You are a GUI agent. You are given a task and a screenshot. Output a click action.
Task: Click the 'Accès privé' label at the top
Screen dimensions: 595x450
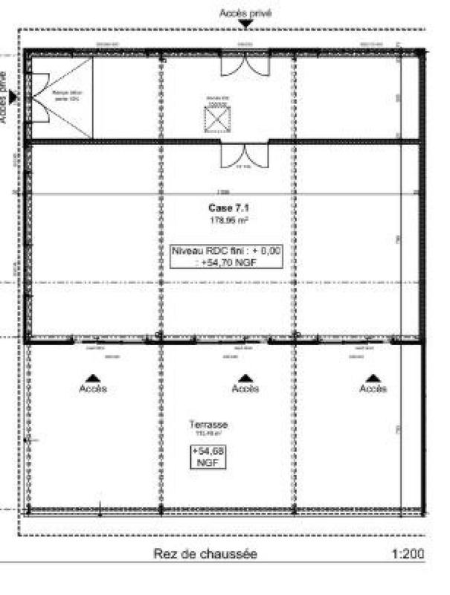click(x=245, y=13)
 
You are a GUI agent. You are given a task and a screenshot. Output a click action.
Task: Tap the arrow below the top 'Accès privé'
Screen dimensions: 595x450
click(x=245, y=25)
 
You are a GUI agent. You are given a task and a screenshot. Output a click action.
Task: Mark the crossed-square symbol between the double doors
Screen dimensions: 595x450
click(x=217, y=118)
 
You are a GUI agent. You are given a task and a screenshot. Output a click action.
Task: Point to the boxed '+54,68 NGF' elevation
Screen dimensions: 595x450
click(x=208, y=456)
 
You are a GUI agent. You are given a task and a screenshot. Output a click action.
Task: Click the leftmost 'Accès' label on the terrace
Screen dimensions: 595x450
click(x=94, y=389)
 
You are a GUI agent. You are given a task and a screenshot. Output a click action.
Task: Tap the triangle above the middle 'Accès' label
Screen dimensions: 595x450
click(x=245, y=378)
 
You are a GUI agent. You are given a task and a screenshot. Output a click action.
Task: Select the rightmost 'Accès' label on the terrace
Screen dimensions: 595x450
click(x=373, y=389)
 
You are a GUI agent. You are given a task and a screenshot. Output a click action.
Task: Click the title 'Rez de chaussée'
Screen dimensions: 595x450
click(x=207, y=554)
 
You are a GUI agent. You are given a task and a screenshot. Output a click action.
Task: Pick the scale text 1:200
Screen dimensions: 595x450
click(x=408, y=554)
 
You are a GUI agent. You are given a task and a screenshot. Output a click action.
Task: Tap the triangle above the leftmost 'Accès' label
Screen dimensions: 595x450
click(x=94, y=378)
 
